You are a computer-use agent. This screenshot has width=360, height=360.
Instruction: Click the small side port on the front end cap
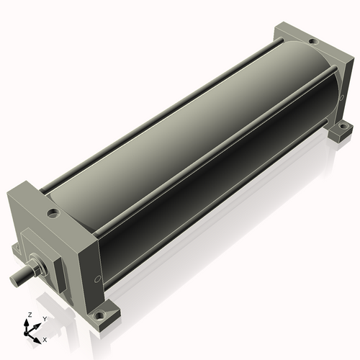(x=97, y=279)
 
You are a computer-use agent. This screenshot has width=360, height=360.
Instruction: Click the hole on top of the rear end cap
(x=312, y=42)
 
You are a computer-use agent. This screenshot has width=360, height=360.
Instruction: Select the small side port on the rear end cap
(x=342, y=97)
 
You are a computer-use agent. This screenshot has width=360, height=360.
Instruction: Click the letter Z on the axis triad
(x=30, y=315)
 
